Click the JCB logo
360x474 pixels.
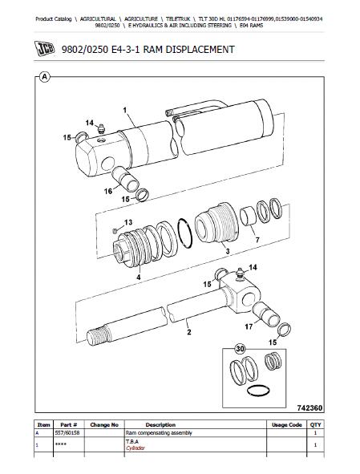44,48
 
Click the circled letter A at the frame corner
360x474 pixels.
45,77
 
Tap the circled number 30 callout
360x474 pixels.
240,349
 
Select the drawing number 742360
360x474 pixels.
309,407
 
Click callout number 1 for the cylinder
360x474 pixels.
125,111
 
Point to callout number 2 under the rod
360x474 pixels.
189,332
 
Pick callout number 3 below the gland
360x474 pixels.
228,251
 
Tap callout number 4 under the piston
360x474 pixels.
139,277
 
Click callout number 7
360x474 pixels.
257,240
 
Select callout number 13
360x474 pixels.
128,222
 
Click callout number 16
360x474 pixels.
108,191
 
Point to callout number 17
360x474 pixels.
249,326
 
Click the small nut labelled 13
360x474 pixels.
115,231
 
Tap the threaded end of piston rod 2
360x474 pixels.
96,334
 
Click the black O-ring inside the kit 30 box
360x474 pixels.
258,391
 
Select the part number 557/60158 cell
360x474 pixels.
67,433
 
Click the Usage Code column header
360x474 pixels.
287,425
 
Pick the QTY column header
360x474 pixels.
316,425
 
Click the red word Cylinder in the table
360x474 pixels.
136,448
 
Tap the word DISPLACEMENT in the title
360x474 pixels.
200,49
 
